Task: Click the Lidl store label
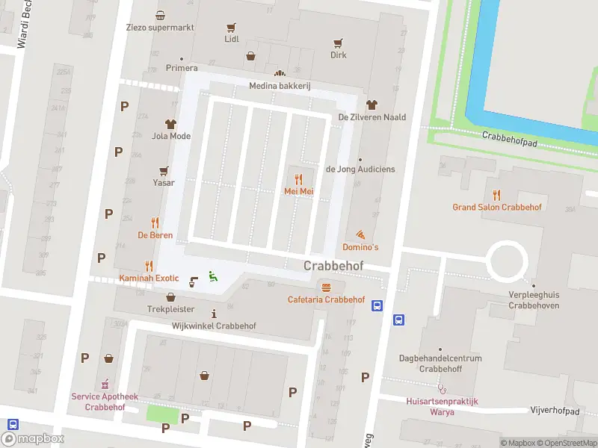232,39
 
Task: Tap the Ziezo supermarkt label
160,28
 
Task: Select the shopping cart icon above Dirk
339,43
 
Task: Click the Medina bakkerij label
280,86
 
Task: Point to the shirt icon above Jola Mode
170,124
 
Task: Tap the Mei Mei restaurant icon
298,179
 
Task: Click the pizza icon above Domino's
360,234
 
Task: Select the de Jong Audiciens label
360,169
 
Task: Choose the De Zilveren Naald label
372,117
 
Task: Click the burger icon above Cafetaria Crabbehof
326,287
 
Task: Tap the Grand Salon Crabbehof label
497,207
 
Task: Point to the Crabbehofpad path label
509,135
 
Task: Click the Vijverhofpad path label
555,411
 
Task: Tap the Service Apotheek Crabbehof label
105,402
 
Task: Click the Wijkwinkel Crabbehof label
214,326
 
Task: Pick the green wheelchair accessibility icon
212,276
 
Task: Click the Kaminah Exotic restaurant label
149,279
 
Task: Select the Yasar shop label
164,183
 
